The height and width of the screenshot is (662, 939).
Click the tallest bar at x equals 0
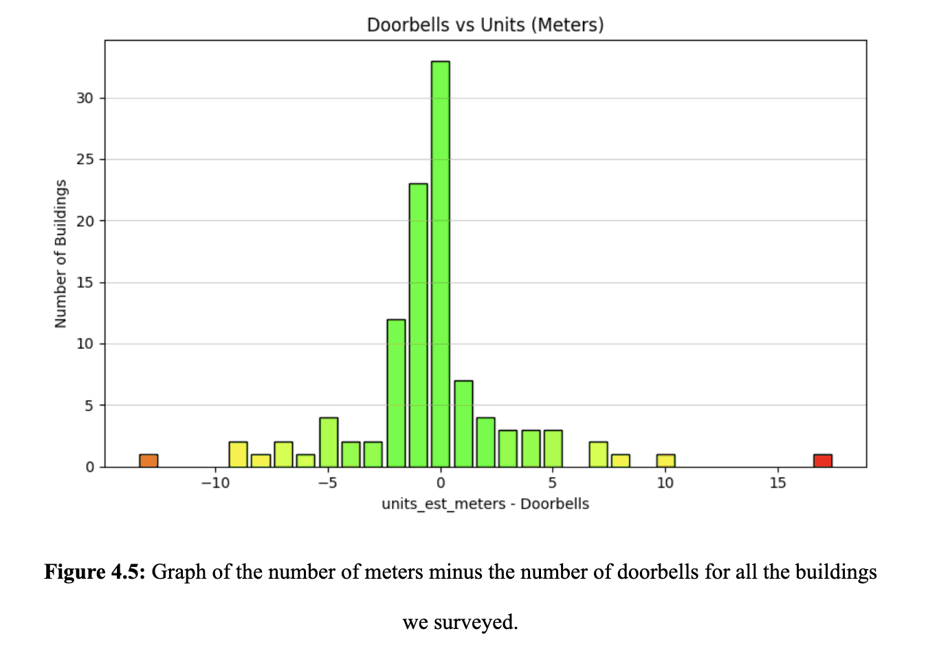click(441, 264)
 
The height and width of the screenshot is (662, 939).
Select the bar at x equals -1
click(418, 325)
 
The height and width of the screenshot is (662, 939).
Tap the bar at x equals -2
click(396, 393)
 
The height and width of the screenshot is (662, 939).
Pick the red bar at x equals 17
click(822, 460)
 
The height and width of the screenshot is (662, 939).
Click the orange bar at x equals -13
click(148, 460)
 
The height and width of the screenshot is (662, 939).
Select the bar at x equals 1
click(463, 423)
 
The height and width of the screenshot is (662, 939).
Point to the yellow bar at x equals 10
click(665, 460)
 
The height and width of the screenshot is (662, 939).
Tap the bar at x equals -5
click(329, 442)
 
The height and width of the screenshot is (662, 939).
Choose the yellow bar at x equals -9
click(238, 454)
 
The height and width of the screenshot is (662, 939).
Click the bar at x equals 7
click(598, 454)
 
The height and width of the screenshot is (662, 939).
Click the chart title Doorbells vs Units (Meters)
click(485, 25)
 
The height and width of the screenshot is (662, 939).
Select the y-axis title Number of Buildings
click(60, 254)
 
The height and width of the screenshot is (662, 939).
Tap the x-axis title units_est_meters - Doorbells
click(485, 504)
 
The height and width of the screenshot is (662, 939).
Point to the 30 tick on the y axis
click(85, 98)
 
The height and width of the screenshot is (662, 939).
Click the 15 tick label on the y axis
click(85, 283)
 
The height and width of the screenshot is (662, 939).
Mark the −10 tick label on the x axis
click(215, 483)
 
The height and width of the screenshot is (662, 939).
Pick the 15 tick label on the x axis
click(777, 483)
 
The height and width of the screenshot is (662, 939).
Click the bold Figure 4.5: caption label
click(95, 572)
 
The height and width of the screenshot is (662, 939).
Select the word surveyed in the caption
click(476, 622)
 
